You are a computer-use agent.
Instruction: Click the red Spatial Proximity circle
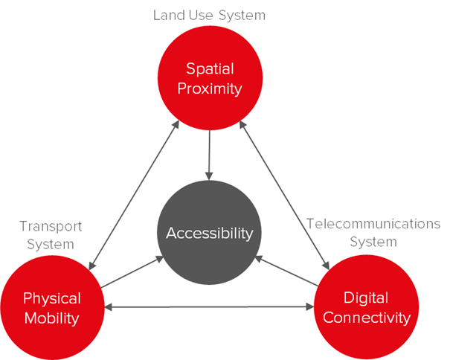[x=210, y=79]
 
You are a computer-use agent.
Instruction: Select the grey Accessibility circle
[x=210, y=233]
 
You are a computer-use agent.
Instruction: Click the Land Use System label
[x=209, y=15]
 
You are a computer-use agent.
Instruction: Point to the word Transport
[x=51, y=226]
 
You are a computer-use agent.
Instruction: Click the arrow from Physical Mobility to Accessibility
[x=132, y=272]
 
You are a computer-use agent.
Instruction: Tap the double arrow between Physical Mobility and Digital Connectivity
[x=209, y=306]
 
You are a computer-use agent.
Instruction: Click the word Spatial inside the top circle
[x=210, y=69]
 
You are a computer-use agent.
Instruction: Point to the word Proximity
[x=210, y=89]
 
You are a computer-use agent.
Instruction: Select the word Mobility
[x=52, y=318]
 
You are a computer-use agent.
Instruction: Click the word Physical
[x=52, y=298]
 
